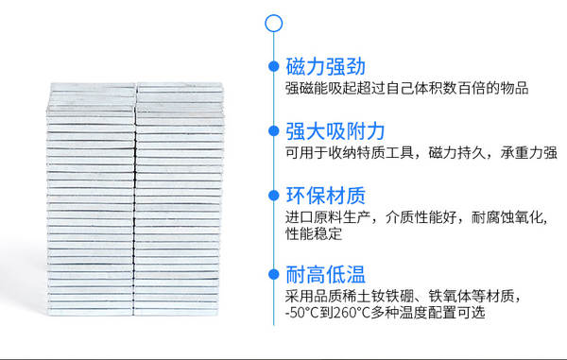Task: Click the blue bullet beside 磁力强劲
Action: (274, 66)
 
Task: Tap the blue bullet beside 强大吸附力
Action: (274, 130)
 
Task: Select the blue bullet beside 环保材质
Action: (274, 196)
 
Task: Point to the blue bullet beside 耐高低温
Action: (274, 274)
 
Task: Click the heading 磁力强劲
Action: (325, 66)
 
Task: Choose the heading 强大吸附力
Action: (335, 130)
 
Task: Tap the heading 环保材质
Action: (325, 196)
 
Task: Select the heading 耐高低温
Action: (325, 274)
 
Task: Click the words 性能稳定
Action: (314, 233)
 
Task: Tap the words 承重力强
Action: (528, 153)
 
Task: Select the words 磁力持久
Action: (457, 153)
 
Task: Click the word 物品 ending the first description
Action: (514, 88)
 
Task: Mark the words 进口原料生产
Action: (328, 217)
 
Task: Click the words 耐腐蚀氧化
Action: (507, 217)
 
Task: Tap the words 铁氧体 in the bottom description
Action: (450, 297)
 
